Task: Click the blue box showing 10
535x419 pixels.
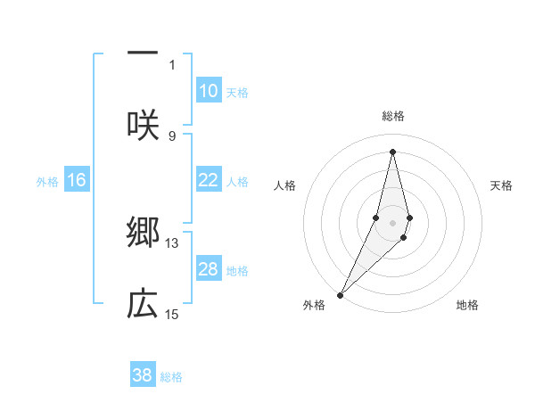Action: click(209, 91)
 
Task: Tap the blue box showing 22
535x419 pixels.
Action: click(209, 180)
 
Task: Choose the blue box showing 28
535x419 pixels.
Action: click(209, 269)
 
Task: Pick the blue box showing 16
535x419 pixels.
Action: click(77, 180)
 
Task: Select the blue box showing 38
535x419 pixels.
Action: click(143, 375)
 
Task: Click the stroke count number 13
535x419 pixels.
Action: click(172, 242)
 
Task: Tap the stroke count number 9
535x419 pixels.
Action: click(172, 136)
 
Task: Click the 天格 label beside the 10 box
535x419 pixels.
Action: click(237, 92)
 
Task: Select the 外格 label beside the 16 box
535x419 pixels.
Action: click(47, 181)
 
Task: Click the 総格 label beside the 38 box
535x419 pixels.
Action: click(171, 376)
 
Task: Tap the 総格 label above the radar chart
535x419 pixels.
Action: click(392, 116)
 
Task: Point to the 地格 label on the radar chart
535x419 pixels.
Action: click(467, 305)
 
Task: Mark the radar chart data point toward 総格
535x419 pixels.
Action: click(392, 152)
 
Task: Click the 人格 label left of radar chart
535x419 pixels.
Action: click(285, 185)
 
